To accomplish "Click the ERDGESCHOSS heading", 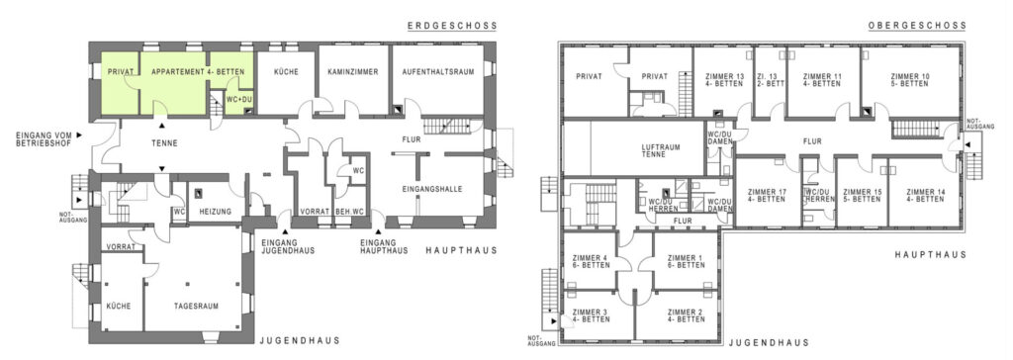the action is click(x=452, y=26).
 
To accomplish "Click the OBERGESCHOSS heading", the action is click(x=917, y=26).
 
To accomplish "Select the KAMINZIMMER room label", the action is click(x=353, y=72).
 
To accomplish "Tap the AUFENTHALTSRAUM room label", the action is click(x=438, y=72).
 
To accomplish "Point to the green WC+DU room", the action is click(x=239, y=100).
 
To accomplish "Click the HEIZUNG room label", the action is click(x=216, y=212).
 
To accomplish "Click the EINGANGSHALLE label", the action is click(x=431, y=189).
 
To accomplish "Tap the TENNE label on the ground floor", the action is click(x=165, y=142).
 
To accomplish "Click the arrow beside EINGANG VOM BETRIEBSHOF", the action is click(x=79, y=135).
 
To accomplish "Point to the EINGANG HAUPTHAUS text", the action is click(x=384, y=246).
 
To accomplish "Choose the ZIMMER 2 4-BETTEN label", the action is click(x=687, y=315).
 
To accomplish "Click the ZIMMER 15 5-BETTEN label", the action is click(x=862, y=195).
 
